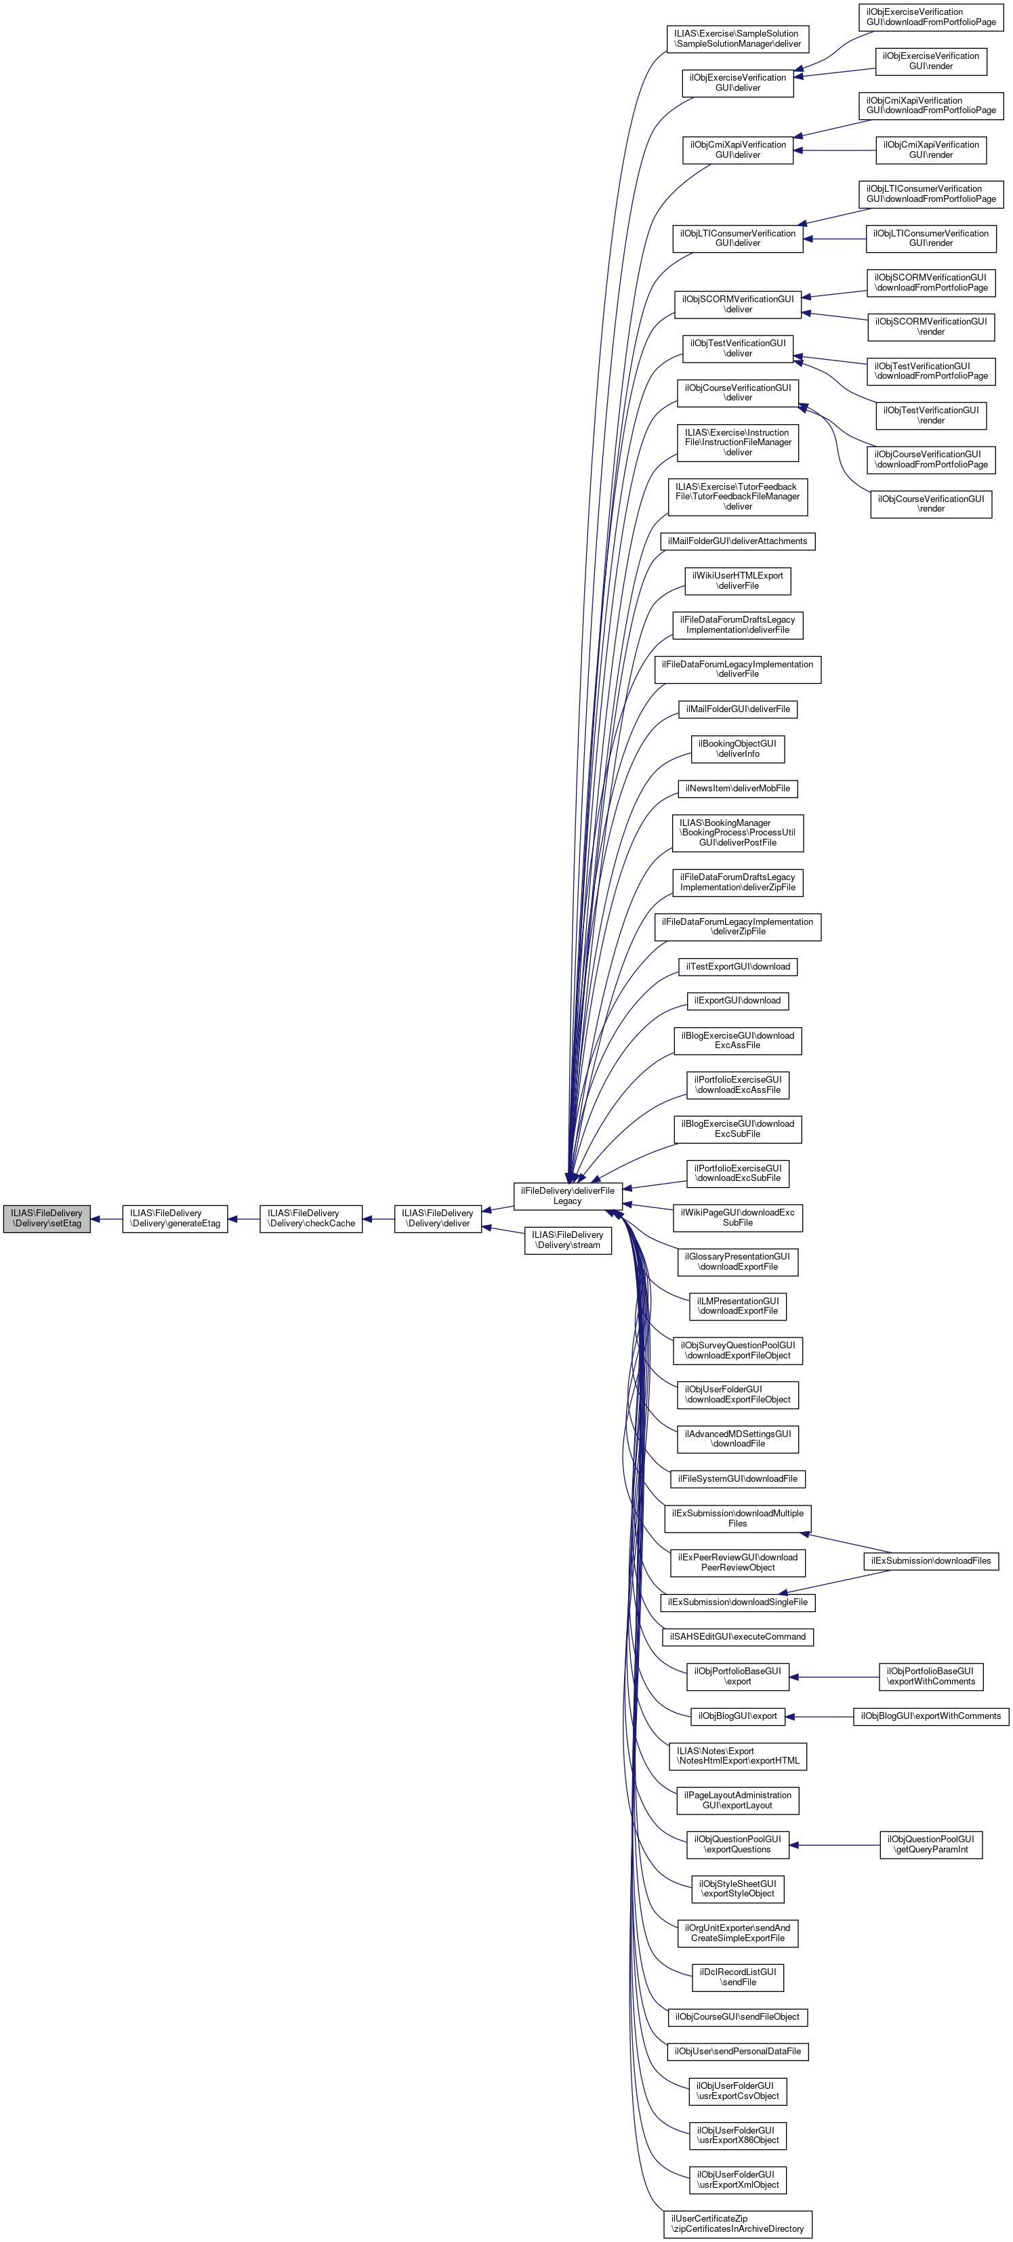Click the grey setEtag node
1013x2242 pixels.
[47, 1218]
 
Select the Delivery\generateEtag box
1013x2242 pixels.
[175, 1218]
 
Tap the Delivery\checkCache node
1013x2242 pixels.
[311, 1218]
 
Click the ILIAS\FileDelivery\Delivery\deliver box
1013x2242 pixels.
[438, 1218]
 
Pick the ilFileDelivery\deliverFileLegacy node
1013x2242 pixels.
[567, 1197]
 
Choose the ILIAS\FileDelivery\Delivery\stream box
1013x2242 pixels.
[567, 1240]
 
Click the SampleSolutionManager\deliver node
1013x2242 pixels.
[738, 39]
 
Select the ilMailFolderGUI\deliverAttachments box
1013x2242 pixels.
[738, 541]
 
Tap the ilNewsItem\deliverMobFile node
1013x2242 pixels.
[738, 789]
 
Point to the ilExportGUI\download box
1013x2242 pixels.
[738, 1001]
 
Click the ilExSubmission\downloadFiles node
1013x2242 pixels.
[931, 1560]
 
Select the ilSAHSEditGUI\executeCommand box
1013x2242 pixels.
[738, 1637]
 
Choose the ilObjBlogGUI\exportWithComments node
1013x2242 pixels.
[931, 1716]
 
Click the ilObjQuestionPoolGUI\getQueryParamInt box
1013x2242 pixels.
[931, 1844]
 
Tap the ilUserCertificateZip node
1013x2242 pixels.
[738, 2224]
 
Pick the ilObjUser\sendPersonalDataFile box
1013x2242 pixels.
[738, 2052]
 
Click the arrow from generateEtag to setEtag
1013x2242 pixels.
[107, 1218]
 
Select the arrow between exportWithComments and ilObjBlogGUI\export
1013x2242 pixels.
[818, 1716]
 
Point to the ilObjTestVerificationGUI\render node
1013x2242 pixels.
[931, 415]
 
